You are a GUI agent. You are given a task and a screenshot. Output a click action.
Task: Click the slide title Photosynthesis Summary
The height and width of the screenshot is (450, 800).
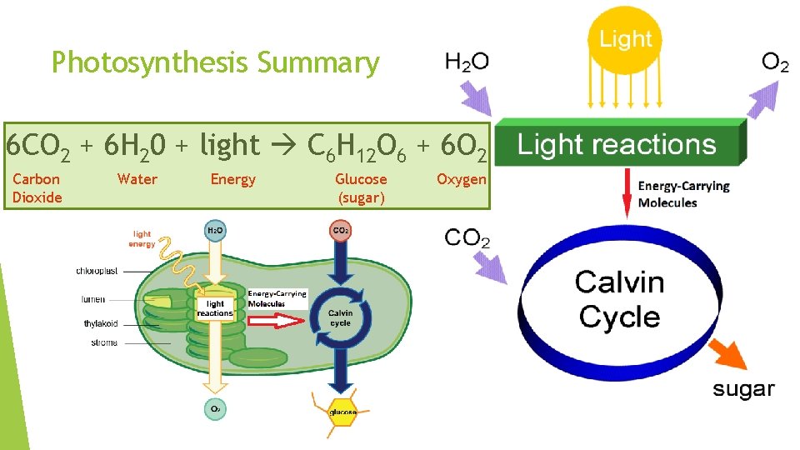pyautogui.click(x=215, y=62)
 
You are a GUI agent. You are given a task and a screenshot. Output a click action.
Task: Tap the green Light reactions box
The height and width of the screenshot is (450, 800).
pyautogui.click(x=617, y=145)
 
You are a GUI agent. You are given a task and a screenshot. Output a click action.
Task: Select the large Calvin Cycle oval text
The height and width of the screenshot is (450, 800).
pyautogui.click(x=619, y=299)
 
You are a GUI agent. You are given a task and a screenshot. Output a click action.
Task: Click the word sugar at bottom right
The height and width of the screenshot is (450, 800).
pyautogui.click(x=743, y=389)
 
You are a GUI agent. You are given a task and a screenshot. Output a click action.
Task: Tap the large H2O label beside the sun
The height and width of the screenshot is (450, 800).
pyautogui.click(x=467, y=61)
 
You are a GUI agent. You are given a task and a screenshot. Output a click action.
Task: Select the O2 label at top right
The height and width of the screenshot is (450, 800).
pyautogui.click(x=775, y=62)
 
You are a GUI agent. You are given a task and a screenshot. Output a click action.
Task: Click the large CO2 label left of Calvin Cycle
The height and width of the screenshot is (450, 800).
pyautogui.click(x=467, y=238)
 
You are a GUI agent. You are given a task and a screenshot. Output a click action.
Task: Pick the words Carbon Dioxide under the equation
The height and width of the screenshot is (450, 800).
pyautogui.click(x=37, y=188)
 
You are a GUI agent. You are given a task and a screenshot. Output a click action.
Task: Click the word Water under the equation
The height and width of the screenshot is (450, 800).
pyautogui.click(x=137, y=179)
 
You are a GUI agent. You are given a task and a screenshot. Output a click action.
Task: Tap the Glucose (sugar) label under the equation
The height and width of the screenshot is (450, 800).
pyautogui.click(x=361, y=188)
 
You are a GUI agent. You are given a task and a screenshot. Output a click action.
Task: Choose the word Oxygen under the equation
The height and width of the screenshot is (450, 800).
pyautogui.click(x=461, y=179)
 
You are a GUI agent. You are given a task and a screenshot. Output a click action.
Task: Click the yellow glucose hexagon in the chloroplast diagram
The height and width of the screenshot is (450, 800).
pyautogui.click(x=342, y=412)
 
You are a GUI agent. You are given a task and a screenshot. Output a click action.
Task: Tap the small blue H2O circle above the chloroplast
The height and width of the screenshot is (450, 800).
pyautogui.click(x=214, y=230)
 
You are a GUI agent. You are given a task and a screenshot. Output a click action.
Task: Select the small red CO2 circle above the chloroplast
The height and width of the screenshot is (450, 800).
pyautogui.click(x=341, y=230)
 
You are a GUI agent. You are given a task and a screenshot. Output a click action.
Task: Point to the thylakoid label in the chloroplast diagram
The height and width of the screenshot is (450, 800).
pyautogui.click(x=100, y=323)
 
